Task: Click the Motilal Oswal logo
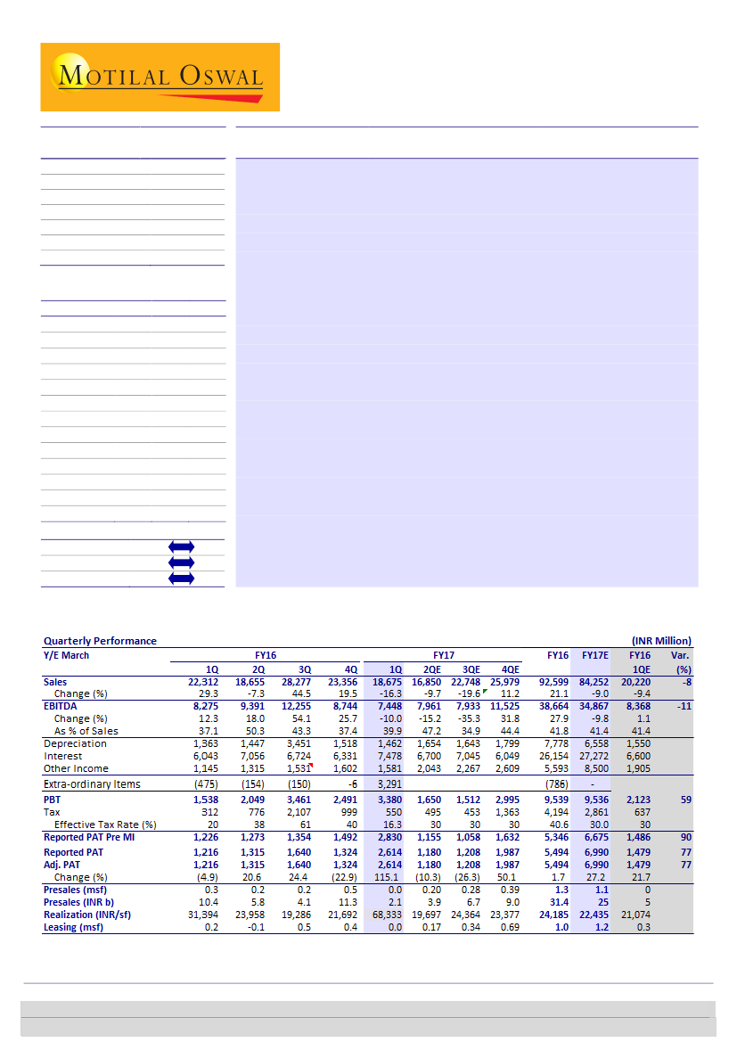[x=160, y=77]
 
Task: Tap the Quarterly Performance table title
[x=100, y=640]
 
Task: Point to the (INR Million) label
[x=660, y=640]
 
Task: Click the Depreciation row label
[x=76, y=743]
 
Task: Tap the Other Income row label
[x=77, y=768]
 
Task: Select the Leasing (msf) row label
[x=74, y=928]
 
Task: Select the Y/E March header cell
[x=67, y=655]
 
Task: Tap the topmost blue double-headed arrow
[x=181, y=546]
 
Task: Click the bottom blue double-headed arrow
[x=181, y=578]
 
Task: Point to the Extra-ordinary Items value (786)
[x=556, y=784]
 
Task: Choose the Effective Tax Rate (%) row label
[x=105, y=825]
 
